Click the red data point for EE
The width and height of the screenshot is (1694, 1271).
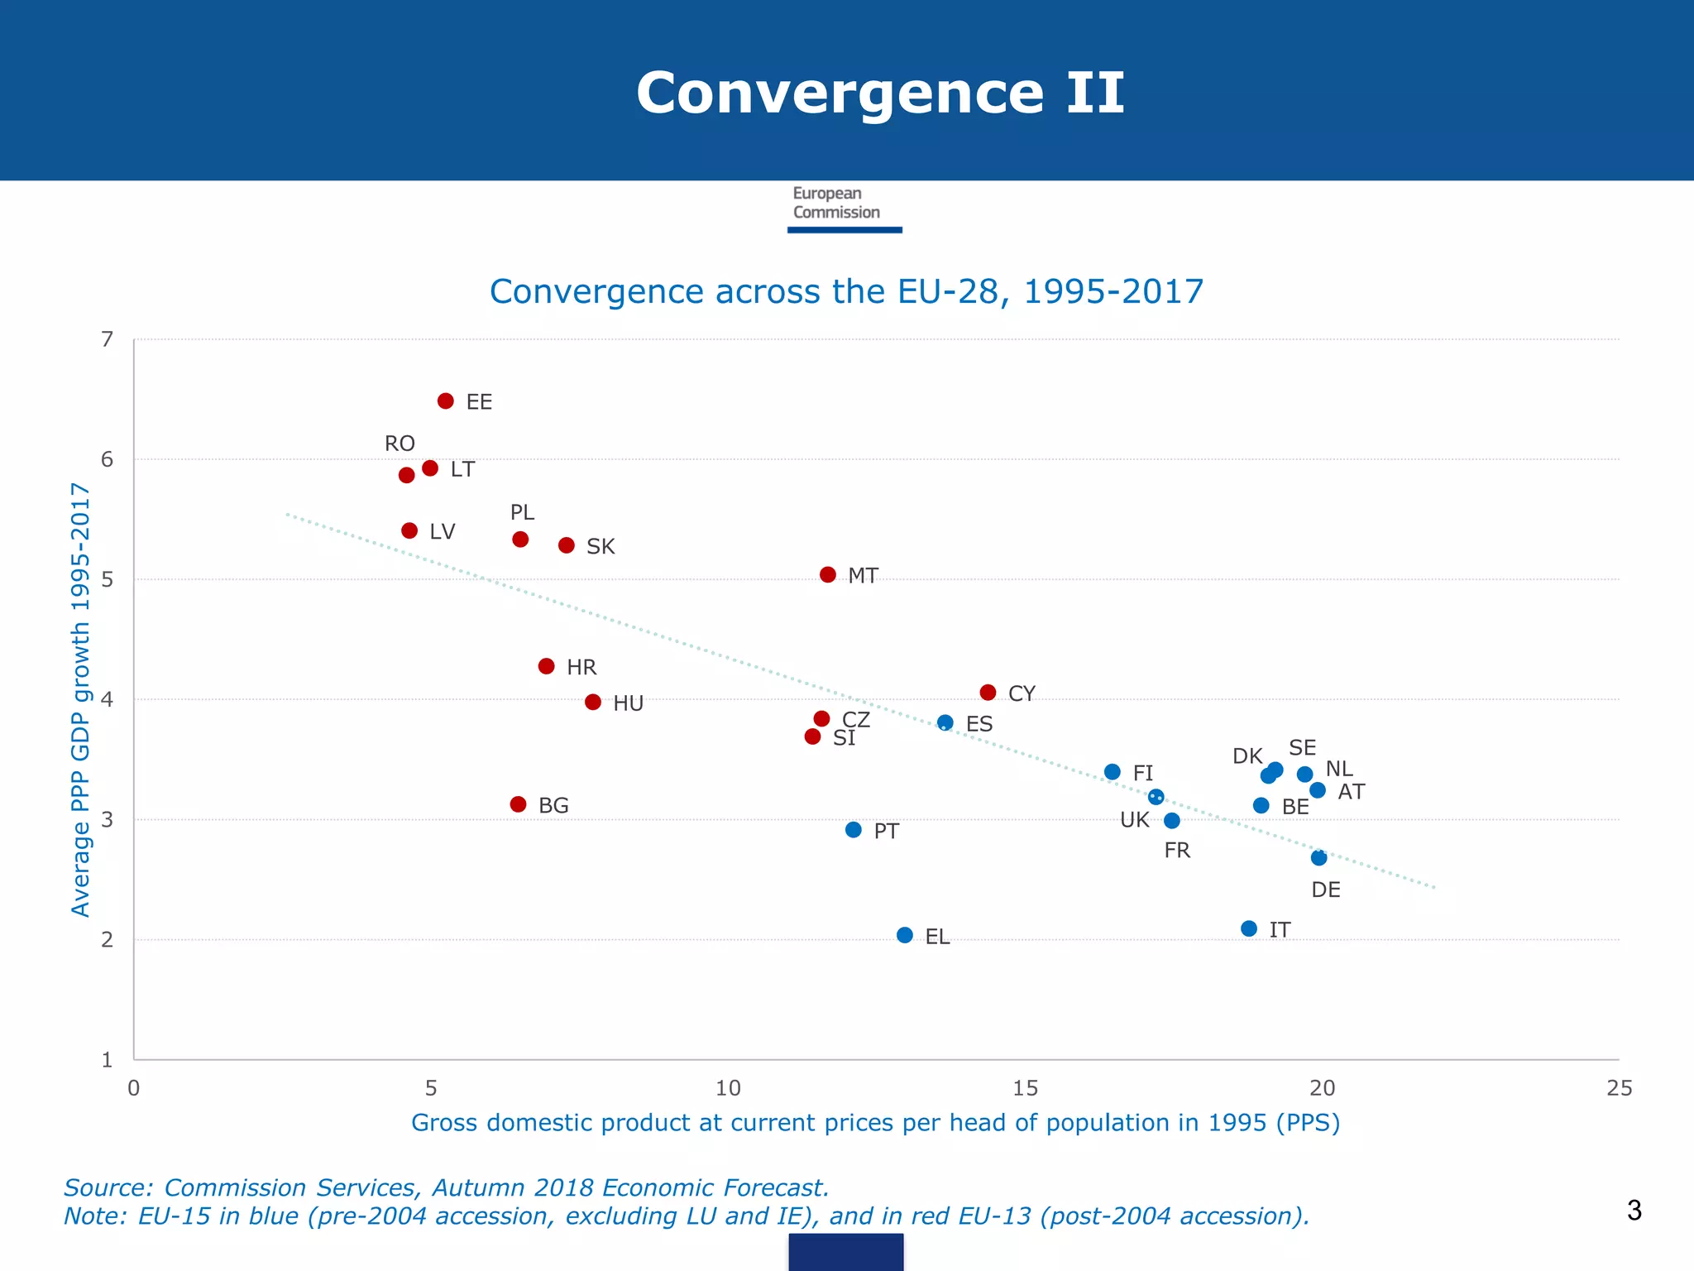pos(445,401)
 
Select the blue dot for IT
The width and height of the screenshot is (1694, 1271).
pos(1249,928)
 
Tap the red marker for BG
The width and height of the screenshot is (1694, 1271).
pos(518,804)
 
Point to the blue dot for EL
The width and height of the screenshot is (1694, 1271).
pos(905,935)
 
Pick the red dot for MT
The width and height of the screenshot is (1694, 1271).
pos(828,574)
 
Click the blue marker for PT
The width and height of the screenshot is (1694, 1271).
pos(854,830)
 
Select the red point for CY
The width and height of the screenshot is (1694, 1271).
pos(988,692)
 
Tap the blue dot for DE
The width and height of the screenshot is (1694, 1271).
pos(1319,857)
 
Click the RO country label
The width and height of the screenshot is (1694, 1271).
pos(400,444)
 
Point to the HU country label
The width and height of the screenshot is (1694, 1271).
pos(628,703)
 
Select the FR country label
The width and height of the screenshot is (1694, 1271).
pos(1177,851)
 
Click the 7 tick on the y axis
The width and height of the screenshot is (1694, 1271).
pos(107,339)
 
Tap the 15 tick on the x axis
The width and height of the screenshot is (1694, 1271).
pos(1025,1088)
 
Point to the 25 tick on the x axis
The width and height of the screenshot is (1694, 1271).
pos(1619,1088)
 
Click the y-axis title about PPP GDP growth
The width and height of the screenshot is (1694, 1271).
pos(80,699)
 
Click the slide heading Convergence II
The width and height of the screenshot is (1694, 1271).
pos(879,92)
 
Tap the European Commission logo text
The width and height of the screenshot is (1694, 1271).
pos(835,203)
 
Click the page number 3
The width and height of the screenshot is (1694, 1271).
pos(1634,1211)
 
